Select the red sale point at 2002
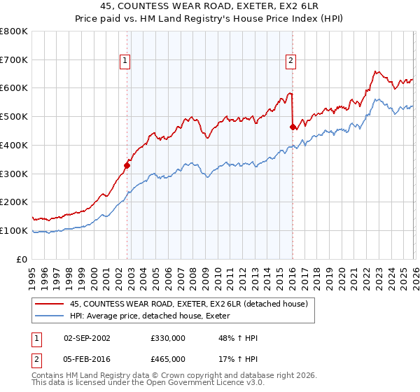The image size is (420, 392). (127, 165)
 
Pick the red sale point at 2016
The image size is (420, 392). (293, 127)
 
